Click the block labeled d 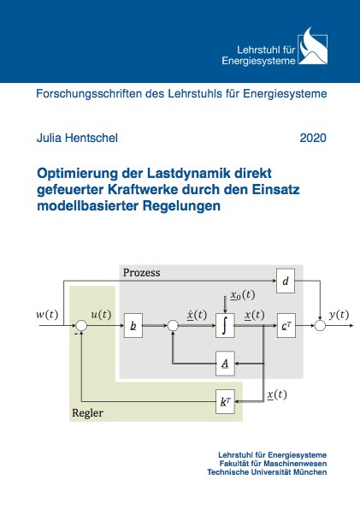(286, 281)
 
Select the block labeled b (133, 325)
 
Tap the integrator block (225, 325)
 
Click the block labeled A (225, 364)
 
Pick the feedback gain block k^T (225, 402)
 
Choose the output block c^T (286, 325)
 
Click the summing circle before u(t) (81, 325)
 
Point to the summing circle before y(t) (320, 325)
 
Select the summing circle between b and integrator (173, 325)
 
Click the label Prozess (142, 272)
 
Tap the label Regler (87, 413)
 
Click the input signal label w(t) (47, 315)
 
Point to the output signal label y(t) (339, 315)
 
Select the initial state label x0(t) (243, 295)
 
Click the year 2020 (313, 138)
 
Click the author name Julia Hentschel (77, 138)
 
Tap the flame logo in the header (313, 46)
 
